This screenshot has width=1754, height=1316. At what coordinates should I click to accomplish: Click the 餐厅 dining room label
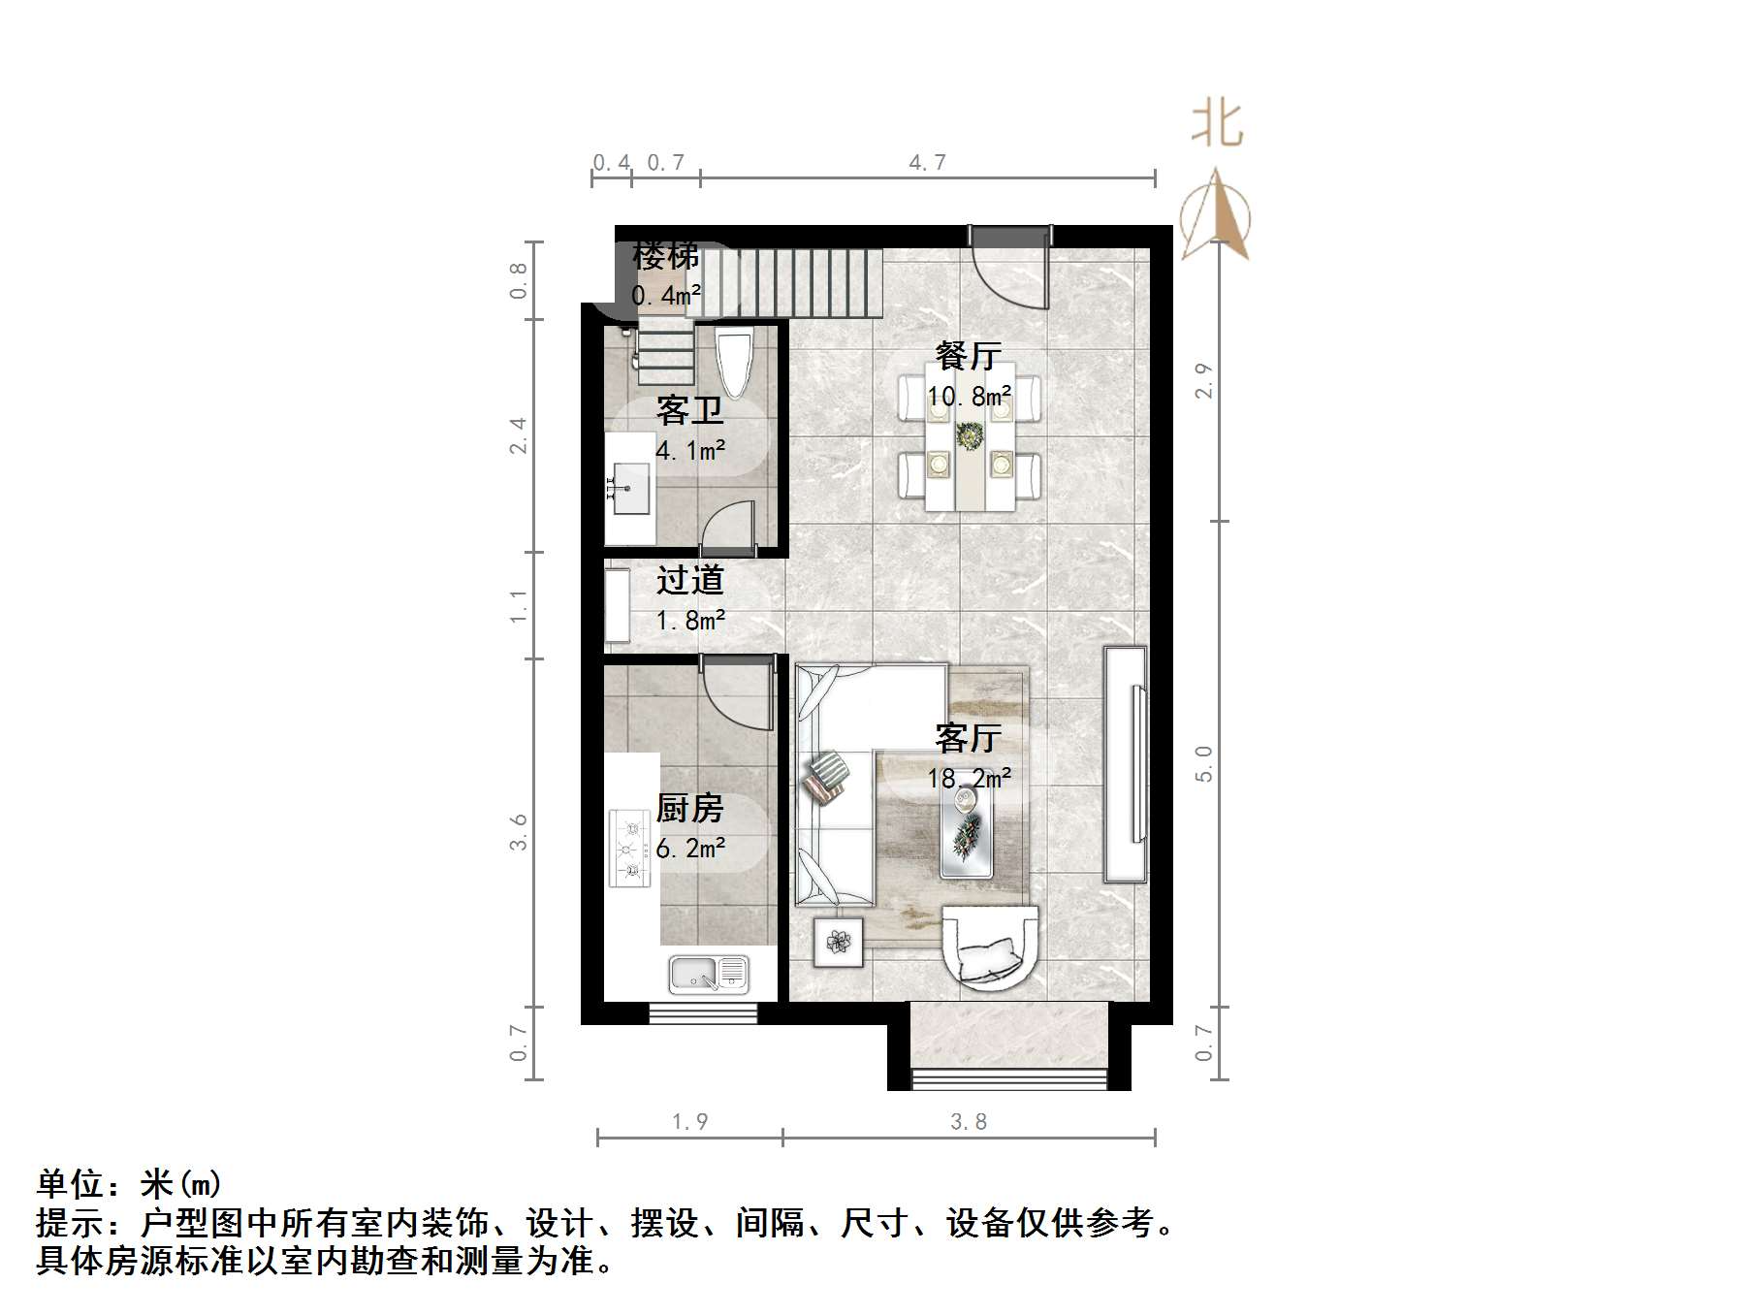click(x=968, y=356)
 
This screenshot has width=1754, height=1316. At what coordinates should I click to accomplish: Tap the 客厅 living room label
click(x=968, y=739)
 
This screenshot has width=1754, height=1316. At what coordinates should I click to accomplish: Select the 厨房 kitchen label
click(x=689, y=808)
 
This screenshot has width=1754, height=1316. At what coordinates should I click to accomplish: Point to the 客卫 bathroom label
click(x=689, y=411)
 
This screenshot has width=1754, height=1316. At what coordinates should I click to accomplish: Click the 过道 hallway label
click(x=689, y=580)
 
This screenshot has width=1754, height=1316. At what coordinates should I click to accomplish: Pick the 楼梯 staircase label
click(x=665, y=257)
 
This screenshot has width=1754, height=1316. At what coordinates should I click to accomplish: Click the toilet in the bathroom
click(x=734, y=364)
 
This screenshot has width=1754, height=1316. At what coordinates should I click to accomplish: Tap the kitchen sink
click(x=709, y=974)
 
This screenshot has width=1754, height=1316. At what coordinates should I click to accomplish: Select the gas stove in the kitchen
click(x=629, y=849)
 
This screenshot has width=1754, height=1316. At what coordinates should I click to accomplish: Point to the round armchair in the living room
click(x=990, y=947)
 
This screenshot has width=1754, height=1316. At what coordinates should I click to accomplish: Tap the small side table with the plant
click(x=839, y=941)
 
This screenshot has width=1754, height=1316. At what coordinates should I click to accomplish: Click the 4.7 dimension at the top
click(x=927, y=162)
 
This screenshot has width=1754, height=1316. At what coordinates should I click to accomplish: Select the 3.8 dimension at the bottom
click(x=968, y=1122)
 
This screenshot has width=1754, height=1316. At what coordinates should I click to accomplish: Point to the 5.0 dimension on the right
click(x=1203, y=764)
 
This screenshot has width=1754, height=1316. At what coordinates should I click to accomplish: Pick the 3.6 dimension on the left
click(x=519, y=832)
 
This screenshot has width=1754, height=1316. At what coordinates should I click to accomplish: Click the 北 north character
click(x=1217, y=124)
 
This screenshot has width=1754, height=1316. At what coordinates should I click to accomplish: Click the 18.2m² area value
click(x=970, y=778)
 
